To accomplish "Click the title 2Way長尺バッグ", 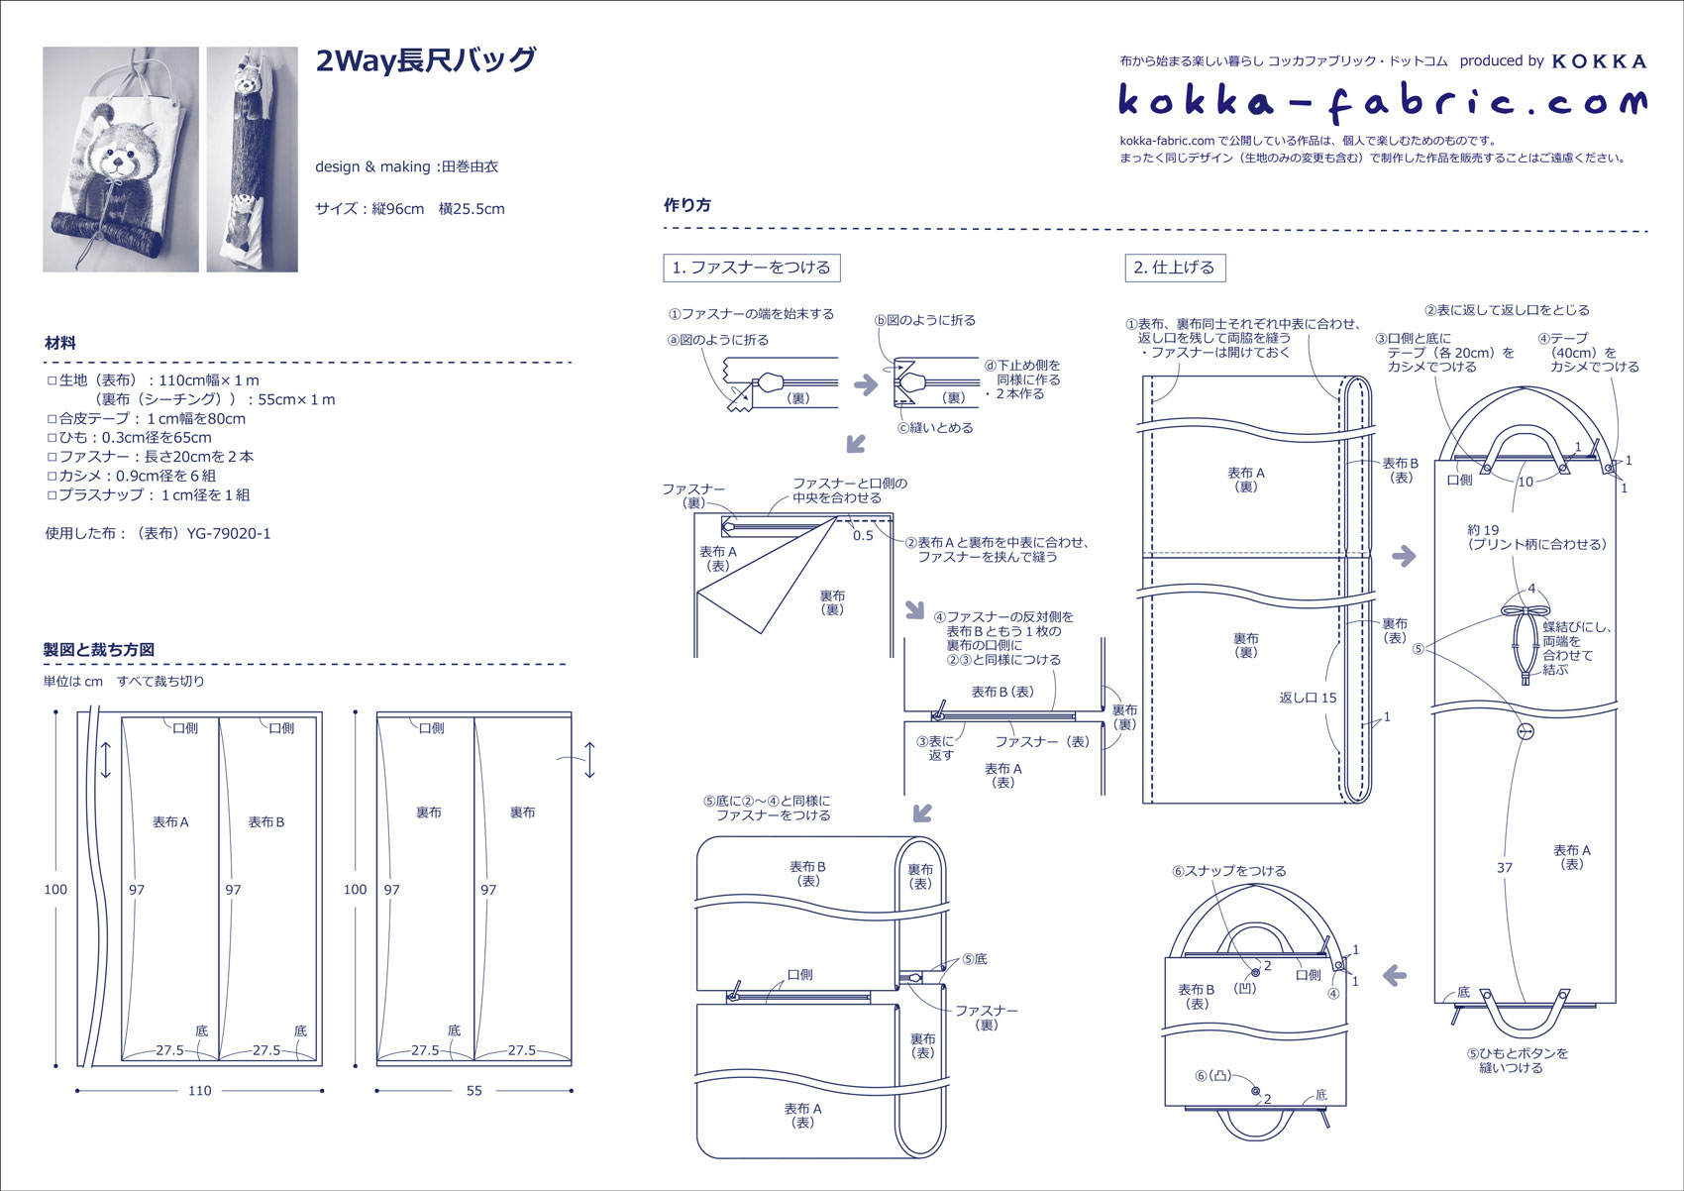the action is (426, 60).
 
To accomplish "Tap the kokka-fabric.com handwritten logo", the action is (1383, 101).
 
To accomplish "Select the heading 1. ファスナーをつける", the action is (752, 268).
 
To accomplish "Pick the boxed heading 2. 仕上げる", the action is (1175, 268).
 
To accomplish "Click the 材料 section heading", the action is (60, 344).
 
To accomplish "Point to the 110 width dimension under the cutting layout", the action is (200, 1090).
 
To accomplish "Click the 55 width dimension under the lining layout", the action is (474, 1090).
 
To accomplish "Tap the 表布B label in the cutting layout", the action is (266, 821).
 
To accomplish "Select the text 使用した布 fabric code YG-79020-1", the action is (158, 534).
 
